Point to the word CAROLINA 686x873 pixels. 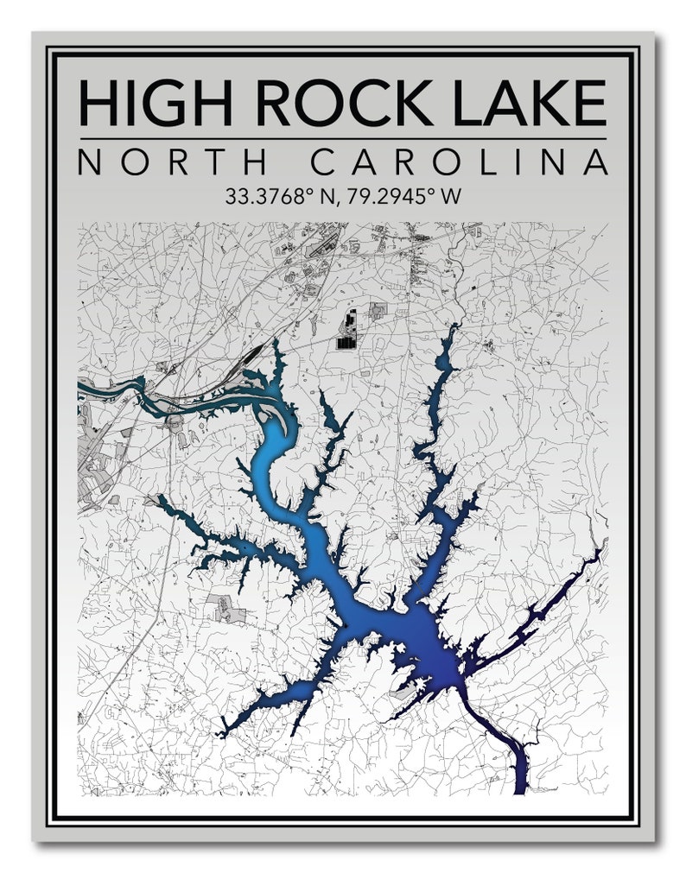[x=459, y=162]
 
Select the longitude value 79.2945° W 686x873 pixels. [x=400, y=196]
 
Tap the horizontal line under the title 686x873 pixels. [x=343, y=138]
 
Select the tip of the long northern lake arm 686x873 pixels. [x=453, y=328]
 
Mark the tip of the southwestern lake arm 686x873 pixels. [x=224, y=733]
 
